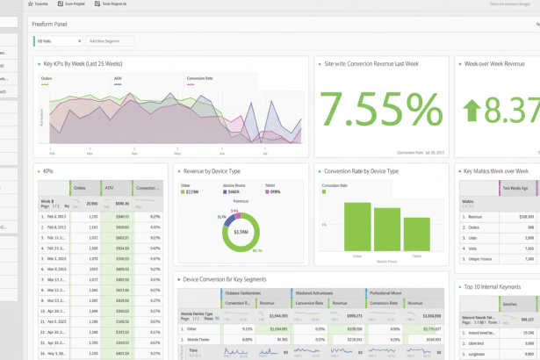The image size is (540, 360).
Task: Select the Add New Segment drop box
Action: pos(111,41)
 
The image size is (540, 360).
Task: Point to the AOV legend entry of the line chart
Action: pos(118,78)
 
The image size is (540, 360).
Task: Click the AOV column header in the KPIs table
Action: pos(109,188)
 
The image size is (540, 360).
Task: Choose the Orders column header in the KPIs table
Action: pos(80,188)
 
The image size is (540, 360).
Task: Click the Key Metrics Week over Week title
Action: pos(496,171)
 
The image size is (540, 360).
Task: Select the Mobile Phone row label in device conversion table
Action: pos(198,338)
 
